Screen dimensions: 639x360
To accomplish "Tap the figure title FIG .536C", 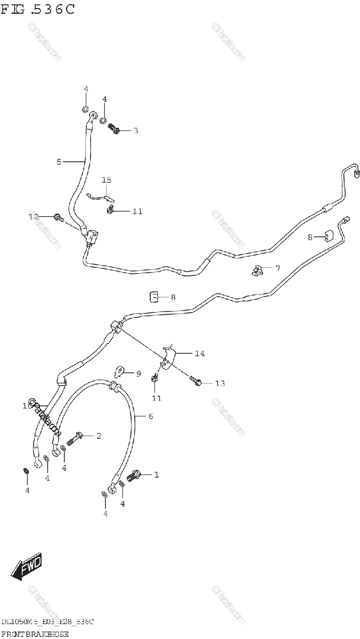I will click(38, 10).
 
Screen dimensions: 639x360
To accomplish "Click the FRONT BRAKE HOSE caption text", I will click(36, 634).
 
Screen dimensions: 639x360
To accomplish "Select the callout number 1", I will click(157, 474).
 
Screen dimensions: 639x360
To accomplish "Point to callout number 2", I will click(99, 436).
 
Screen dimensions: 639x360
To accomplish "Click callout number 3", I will click(135, 130).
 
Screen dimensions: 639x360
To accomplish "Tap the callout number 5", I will click(59, 161).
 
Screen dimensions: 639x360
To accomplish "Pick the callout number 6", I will click(151, 416).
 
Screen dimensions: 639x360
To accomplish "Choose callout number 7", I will click(277, 268).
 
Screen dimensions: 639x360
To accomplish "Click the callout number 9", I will click(138, 374).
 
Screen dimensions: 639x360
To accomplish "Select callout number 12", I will click(34, 216).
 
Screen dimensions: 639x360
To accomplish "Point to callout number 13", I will click(220, 383).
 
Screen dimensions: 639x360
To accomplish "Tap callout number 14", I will click(200, 353).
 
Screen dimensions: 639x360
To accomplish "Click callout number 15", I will click(107, 180).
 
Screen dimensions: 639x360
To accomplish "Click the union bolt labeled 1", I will click(134, 473).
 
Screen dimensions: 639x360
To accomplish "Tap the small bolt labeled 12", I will click(58, 217).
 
